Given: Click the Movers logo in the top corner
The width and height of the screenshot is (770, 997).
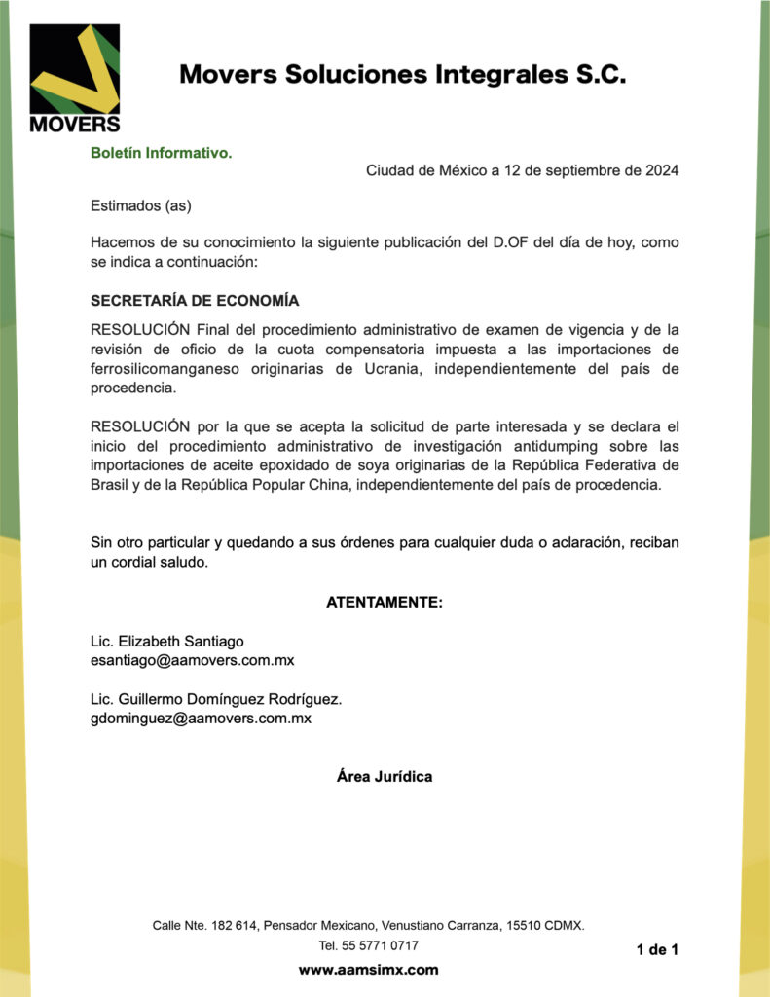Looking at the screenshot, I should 75,78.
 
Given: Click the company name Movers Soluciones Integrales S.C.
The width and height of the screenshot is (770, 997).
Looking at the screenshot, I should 402,74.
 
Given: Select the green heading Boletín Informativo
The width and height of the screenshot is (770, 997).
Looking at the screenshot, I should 162,153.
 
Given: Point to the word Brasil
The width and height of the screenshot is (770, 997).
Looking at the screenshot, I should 112,485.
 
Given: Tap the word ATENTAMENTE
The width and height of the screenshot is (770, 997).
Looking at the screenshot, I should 383,603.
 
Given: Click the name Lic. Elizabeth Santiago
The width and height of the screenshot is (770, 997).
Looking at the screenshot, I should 167,641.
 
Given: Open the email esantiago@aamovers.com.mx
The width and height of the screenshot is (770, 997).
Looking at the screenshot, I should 192,660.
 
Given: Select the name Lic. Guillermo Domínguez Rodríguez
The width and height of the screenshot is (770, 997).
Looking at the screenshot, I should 216,700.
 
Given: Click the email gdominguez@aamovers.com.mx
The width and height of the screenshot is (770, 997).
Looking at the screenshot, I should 201,720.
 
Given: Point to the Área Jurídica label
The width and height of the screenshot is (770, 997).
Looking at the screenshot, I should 385,777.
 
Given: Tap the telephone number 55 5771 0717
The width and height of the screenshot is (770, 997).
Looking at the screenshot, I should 382,945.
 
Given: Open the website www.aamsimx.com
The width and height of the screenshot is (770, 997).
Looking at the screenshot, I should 368,970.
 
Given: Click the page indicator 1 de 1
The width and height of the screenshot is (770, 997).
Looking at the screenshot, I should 657,949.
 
